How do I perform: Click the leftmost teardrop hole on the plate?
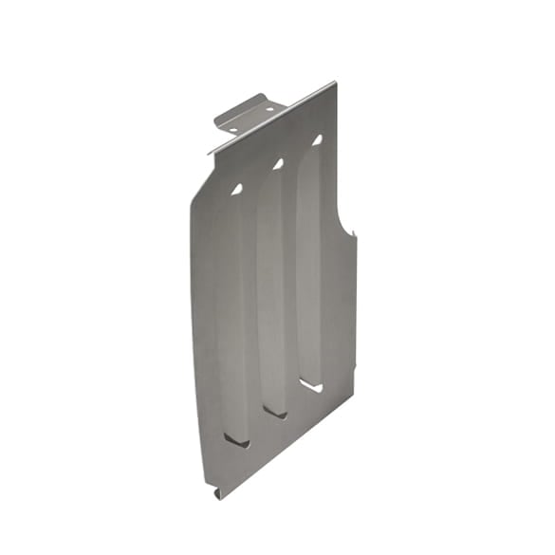tap(235, 190)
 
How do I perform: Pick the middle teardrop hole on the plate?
tap(278, 164)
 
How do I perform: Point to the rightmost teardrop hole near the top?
tap(317, 139)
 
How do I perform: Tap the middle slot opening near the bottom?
tap(276, 412)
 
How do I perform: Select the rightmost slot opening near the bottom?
tap(312, 385)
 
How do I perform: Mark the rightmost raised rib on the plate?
tap(309, 261)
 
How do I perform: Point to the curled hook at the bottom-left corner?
tap(217, 492)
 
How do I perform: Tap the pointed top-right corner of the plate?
tap(334, 83)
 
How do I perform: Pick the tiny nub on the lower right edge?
tap(355, 366)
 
